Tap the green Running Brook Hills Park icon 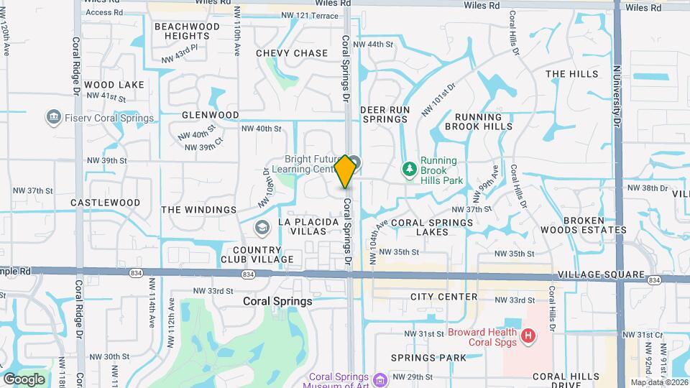pyautogui.click(x=409, y=169)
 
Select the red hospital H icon pyautogui.click(x=529, y=336)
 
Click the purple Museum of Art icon pyautogui.click(x=380, y=379)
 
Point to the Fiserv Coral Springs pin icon pyautogui.click(x=52, y=117)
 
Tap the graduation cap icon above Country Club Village pyautogui.click(x=262, y=228)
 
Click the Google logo pyautogui.click(x=24, y=379)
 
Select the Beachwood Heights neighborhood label pyautogui.click(x=187, y=31)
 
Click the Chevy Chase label pyautogui.click(x=292, y=53)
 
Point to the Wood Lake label pyautogui.click(x=114, y=85)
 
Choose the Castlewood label pyautogui.click(x=106, y=203)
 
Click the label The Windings pyautogui.click(x=198, y=210)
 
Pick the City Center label pyautogui.click(x=443, y=297)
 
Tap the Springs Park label pyautogui.click(x=429, y=357)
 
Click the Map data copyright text pyautogui.click(x=658, y=382)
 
